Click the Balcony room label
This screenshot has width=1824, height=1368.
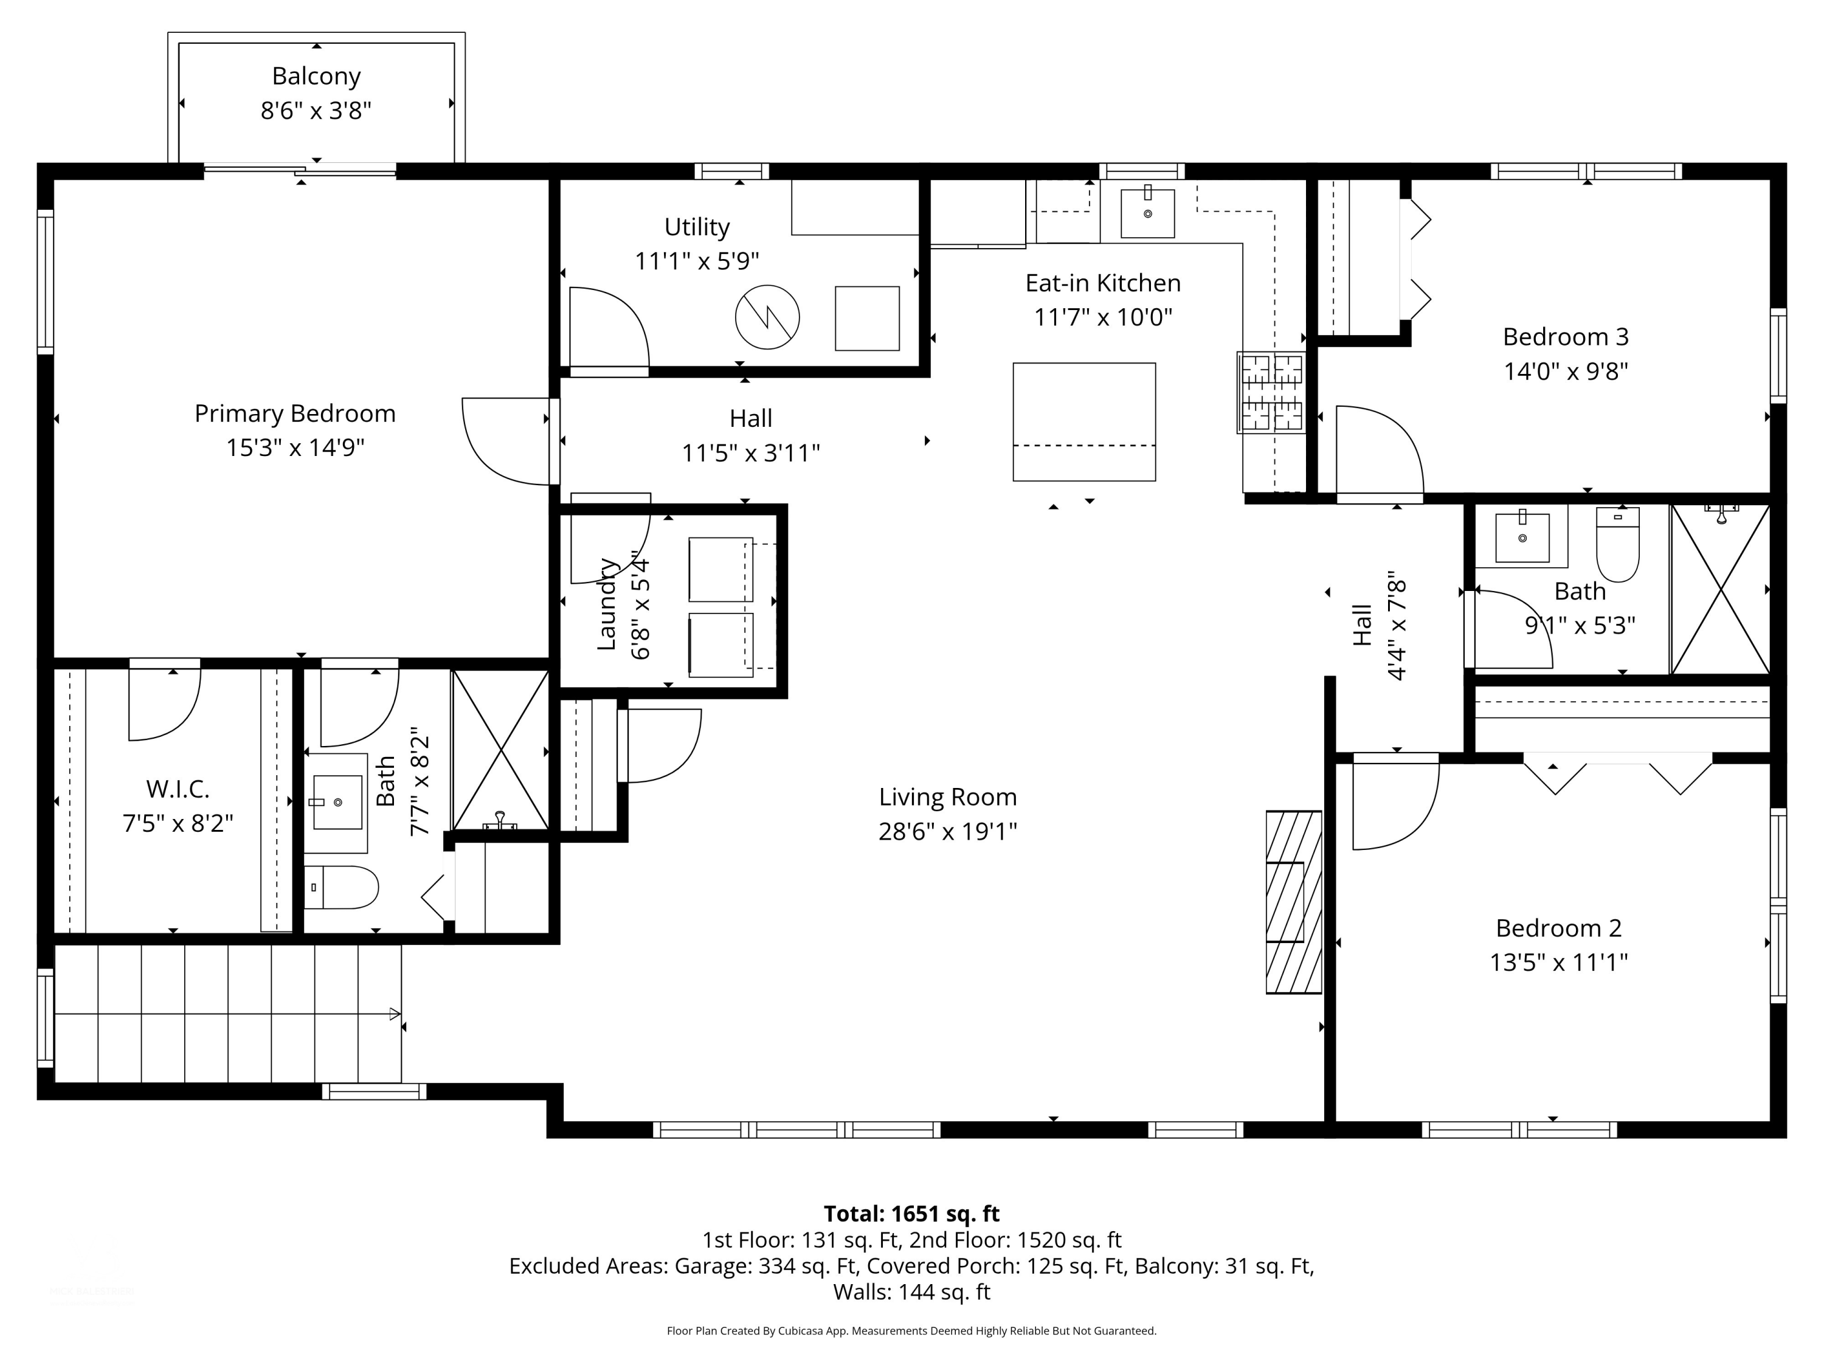coord(317,76)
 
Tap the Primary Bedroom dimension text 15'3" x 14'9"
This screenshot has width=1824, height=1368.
coord(295,447)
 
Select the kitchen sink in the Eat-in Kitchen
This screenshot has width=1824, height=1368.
coord(1147,213)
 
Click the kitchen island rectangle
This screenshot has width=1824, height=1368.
coord(1084,421)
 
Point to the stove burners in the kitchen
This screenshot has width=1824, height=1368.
coord(1271,393)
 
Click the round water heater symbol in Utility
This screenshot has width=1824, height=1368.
coord(768,317)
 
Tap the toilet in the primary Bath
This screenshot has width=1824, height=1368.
coord(341,887)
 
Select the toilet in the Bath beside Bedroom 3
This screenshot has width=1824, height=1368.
coord(1618,544)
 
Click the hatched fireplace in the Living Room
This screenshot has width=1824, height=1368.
coord(1294,902)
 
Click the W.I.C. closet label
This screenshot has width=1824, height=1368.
coord(178,789)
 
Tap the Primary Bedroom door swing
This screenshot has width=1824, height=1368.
coord(506,441)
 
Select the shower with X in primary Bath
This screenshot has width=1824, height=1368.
coord(500,750)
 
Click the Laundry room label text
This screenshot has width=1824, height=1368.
coord(607,604)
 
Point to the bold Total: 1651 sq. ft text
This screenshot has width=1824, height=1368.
coord(911,1214)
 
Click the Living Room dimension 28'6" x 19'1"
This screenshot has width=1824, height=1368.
coord(947,831)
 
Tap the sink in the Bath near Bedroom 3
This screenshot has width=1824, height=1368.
coord(1522,537)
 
